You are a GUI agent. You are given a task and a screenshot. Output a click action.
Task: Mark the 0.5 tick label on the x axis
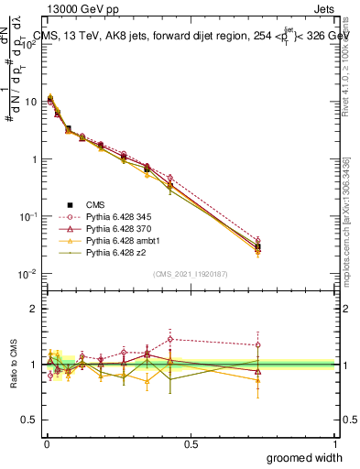191,443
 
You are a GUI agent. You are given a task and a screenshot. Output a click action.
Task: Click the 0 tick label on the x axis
46,443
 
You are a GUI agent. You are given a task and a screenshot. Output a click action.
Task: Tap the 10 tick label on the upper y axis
32,102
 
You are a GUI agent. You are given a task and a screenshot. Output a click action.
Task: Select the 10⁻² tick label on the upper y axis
30,274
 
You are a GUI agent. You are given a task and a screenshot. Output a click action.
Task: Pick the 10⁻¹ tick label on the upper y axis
30,216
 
